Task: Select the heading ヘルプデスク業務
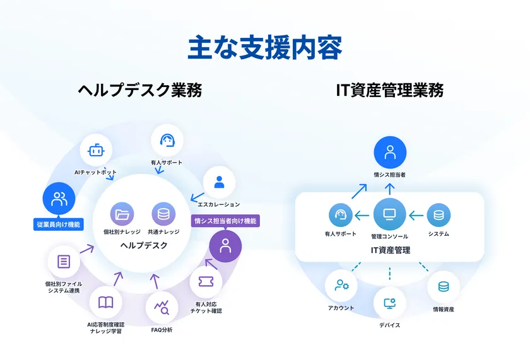pyautogui.click(x=140, y=91)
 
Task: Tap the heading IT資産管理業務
pyautogui.click(x=390, y=91)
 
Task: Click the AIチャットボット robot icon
pyautogui.click(x=95, y=151)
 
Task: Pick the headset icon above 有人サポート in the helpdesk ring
pyautogui.click(x=167, y=140)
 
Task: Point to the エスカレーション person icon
pyautogui.click(x=219, y=182)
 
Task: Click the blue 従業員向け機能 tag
pyautogui.click(x=59, y=224)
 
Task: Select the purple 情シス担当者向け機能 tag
pyautogui.click(x=225, y=221)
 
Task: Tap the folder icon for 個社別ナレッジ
pyautogui.click(x=122, y=214)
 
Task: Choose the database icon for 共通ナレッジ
pyautogui.click(x=163, y=214)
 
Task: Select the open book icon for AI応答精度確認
pyautogui.click(x=105, y=302)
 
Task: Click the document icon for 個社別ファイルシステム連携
pyautogui.click(x=64, y=262)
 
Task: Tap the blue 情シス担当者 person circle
pyautogui.click(x=390, y=153)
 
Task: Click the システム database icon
pyautogui.click(x=439, y=215)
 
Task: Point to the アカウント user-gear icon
pyautogui.click(x=341, y=286)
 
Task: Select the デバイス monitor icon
pyautogui.click(x=389, y=303)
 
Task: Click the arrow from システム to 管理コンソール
pyautogui.click(x=415, y=216)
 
